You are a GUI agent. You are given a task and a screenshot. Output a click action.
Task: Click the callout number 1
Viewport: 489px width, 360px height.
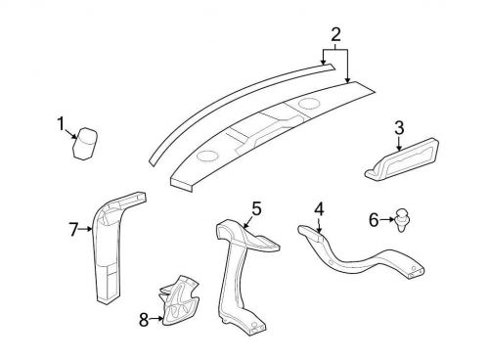click(61, 124)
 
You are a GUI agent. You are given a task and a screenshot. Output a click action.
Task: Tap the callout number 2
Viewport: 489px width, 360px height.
click(335, 34)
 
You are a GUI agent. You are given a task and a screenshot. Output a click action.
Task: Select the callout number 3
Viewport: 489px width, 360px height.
click(399, 127)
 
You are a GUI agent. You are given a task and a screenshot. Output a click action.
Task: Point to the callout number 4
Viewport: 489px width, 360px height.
click(319, 209)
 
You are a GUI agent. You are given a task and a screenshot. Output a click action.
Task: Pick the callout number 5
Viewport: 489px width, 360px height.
click(256, 208)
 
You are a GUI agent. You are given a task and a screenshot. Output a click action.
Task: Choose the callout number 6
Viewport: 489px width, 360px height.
click(374, 220)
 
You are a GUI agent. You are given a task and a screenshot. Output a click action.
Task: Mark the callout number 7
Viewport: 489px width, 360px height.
click(73, 230)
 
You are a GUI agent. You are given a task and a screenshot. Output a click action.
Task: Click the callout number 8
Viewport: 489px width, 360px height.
click(144, 320)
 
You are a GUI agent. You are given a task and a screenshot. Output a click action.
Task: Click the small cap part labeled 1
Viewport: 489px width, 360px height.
click(85, 144)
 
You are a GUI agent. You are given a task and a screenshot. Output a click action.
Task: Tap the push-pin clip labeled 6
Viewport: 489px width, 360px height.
click(402, 219)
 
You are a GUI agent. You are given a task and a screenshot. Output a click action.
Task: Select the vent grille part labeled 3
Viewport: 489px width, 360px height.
click(402, 158)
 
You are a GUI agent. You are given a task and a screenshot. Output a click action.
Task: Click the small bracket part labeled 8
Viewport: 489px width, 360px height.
click(179, 300)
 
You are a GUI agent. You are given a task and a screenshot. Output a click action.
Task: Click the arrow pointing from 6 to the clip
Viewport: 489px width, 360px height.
click(387, 220)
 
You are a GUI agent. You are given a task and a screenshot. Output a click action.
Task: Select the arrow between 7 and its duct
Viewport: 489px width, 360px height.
click(86, 229)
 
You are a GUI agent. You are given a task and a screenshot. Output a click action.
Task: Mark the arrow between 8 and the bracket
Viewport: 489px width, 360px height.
click(156, 318)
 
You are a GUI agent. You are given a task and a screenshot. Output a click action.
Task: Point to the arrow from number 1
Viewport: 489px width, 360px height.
click(70, 134)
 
